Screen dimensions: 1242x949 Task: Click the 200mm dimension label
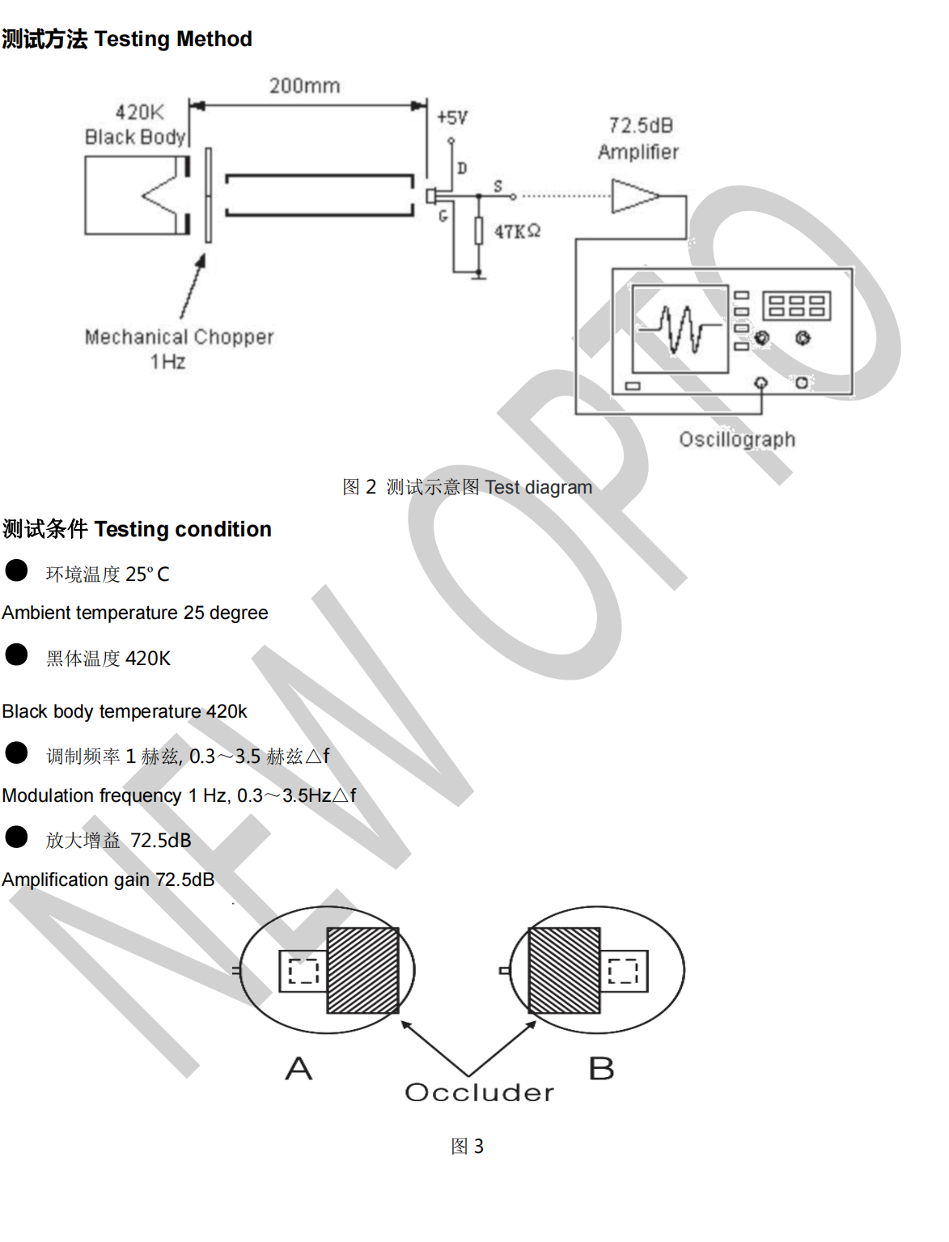click(x=304, y=86)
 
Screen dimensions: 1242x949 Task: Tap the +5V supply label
click(x=452, y=118)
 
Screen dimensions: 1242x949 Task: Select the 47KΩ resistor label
click(x=517, y=231)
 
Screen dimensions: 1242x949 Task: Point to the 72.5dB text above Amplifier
click(x=641, y=125)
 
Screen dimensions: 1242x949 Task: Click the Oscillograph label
click(x=737, y=439)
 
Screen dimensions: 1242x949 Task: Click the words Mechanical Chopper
click(x=179, y=337)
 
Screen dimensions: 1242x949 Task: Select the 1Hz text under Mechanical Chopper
click(x=167, y=362)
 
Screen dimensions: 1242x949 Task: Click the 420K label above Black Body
click(x=139, y=112)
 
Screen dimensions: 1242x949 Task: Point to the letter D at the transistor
click(x=462, y=168)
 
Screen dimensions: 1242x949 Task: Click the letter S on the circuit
click(x=498, y=186)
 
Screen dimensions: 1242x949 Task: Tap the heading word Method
click(x=214, y=39)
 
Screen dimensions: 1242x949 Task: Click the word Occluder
click(x=479, y=1092)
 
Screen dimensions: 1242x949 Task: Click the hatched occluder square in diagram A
click(x=362, y=970)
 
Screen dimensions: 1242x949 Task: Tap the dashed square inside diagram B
click(x=623, y=970)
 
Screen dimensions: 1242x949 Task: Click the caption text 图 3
click(x=467, y=1146)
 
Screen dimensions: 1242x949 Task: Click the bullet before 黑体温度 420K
click(x=16, y=654)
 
